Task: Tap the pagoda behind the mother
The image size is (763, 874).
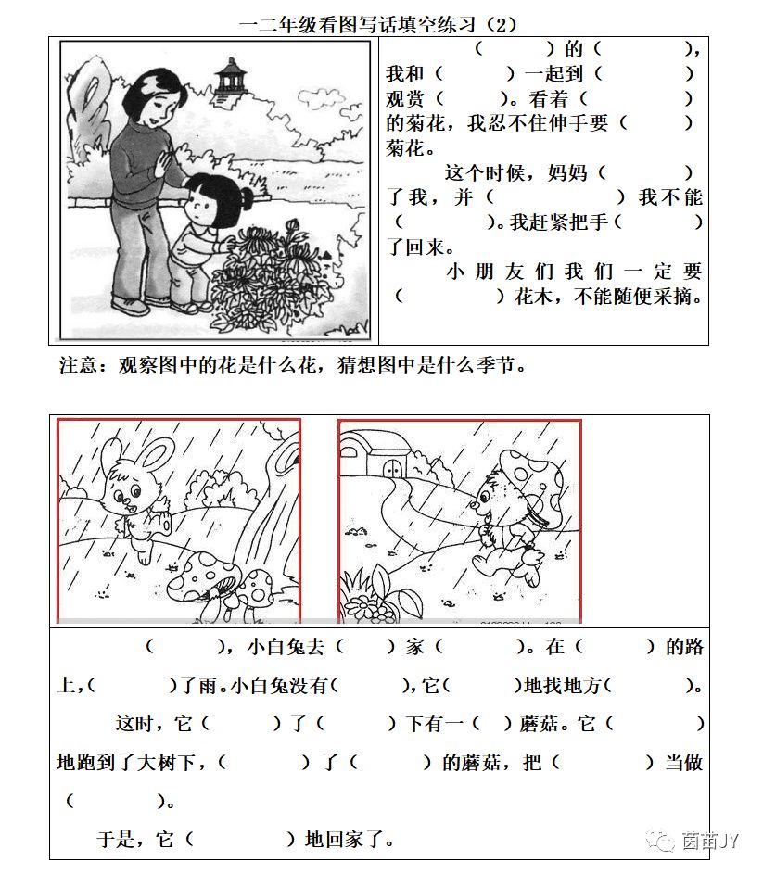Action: click(x=226, y=80)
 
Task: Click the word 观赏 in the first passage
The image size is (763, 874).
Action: click(x=404, y=97)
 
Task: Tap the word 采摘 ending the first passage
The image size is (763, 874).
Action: click(x=684, y=297)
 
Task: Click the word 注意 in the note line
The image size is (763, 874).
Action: click(x=78, y=365)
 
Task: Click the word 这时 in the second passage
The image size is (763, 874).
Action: click(x=133, y=723)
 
